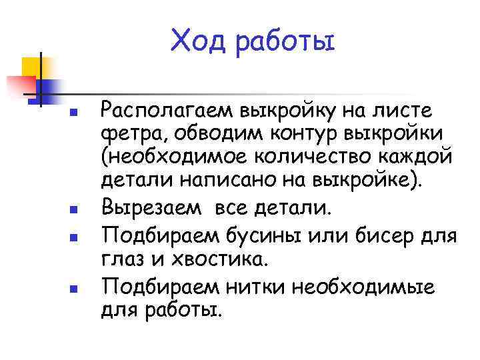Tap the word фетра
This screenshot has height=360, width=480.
(x=127, y=132)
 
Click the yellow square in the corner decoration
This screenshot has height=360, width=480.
(x=31, y=67)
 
